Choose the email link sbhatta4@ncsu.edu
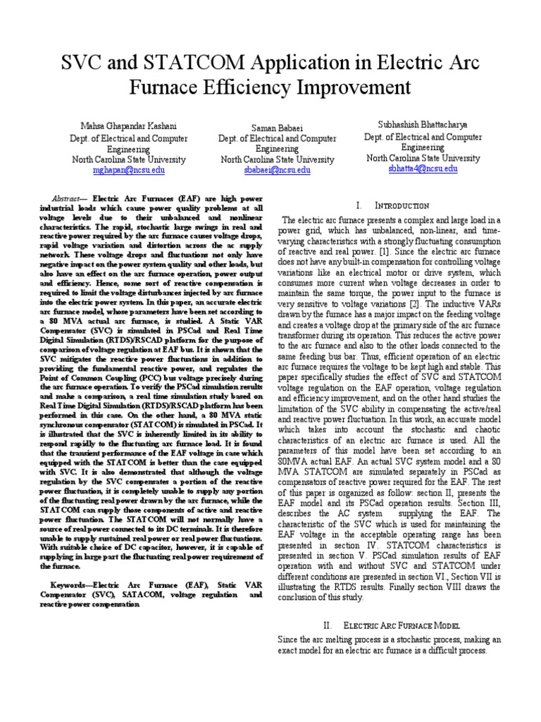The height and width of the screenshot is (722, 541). click(423, 169)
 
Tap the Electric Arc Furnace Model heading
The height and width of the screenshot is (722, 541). click(402, 625)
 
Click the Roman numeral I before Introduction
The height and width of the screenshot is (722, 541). click(359, 205)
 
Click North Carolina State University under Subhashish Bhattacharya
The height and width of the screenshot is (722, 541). click(423, 159)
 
